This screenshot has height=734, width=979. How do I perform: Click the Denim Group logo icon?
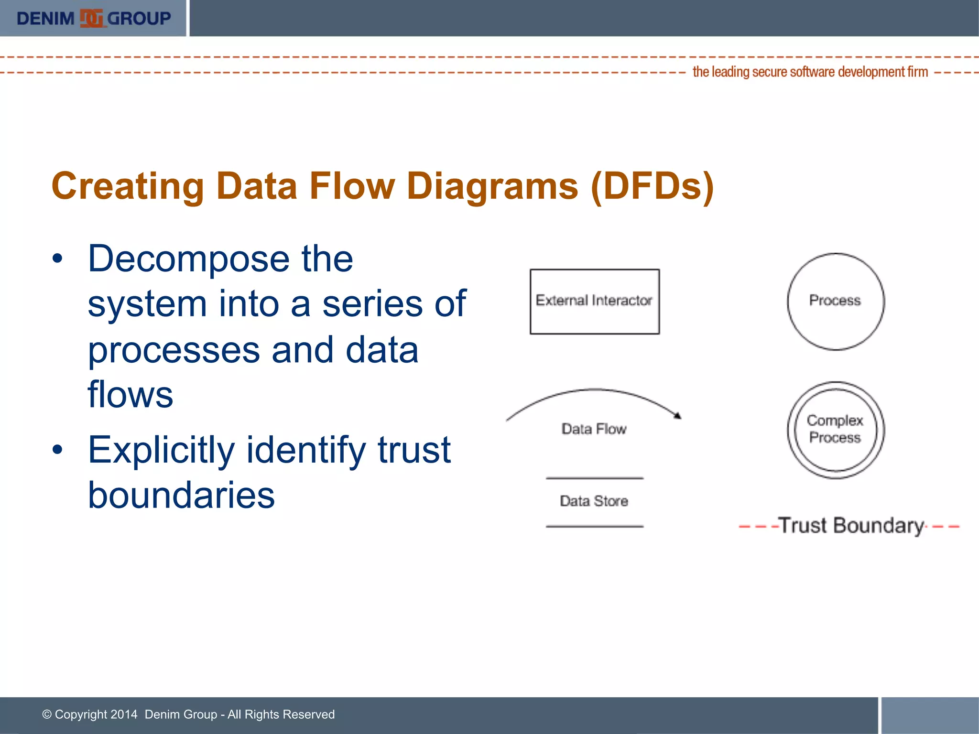point(92,19)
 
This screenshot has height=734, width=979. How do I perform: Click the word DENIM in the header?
point(45,19)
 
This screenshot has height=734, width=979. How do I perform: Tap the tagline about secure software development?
point(810,72)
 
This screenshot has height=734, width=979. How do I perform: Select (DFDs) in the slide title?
point(653,186)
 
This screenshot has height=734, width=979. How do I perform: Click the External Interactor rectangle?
point(594,301)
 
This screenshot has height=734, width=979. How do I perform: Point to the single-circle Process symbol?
point(836,301)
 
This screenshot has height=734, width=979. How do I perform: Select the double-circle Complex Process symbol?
point(836,430)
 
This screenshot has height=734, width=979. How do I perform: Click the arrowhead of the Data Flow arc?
point(677,416)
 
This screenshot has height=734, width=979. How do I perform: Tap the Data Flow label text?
point(594,429)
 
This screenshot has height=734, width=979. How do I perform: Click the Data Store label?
point(594,501)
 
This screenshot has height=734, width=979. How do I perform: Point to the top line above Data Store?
point(594,478)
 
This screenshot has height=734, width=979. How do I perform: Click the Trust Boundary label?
point(851,526)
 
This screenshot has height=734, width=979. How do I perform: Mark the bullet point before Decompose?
point(58,259)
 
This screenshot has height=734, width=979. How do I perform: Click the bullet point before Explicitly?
point(58,450)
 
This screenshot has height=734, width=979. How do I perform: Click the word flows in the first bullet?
point(130,395)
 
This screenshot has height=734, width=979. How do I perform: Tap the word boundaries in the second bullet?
point(181,495)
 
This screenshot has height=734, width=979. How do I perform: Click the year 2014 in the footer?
point(124,714)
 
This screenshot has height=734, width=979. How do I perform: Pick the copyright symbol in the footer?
point(47,714)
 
